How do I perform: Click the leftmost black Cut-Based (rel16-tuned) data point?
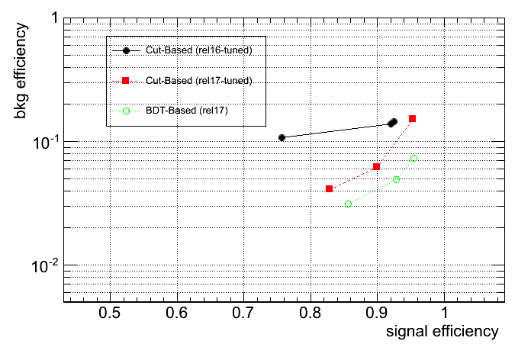click(x=282, y=137)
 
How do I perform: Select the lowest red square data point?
click(x=330, y=188)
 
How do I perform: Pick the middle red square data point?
click(x=376, y=166)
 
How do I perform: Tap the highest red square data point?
click(x=412, y=118)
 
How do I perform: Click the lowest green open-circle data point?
click(x=349, y=204)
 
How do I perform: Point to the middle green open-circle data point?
click(x=397, y=179)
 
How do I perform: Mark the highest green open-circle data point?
click(x=414, y=158)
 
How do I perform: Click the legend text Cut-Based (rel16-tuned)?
click(x=198, y=50)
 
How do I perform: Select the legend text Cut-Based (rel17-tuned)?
click(x=198, y=80)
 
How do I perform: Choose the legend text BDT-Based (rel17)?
click(x=187, y=111)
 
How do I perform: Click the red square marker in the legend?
click(x=126, y=80)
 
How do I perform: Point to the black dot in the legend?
click(x=126, y=50)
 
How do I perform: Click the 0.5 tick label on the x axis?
click(x=110, y=314)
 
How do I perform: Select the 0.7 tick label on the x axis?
click(x=244, y=314)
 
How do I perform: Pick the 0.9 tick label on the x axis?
click(x=378, y=314)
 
